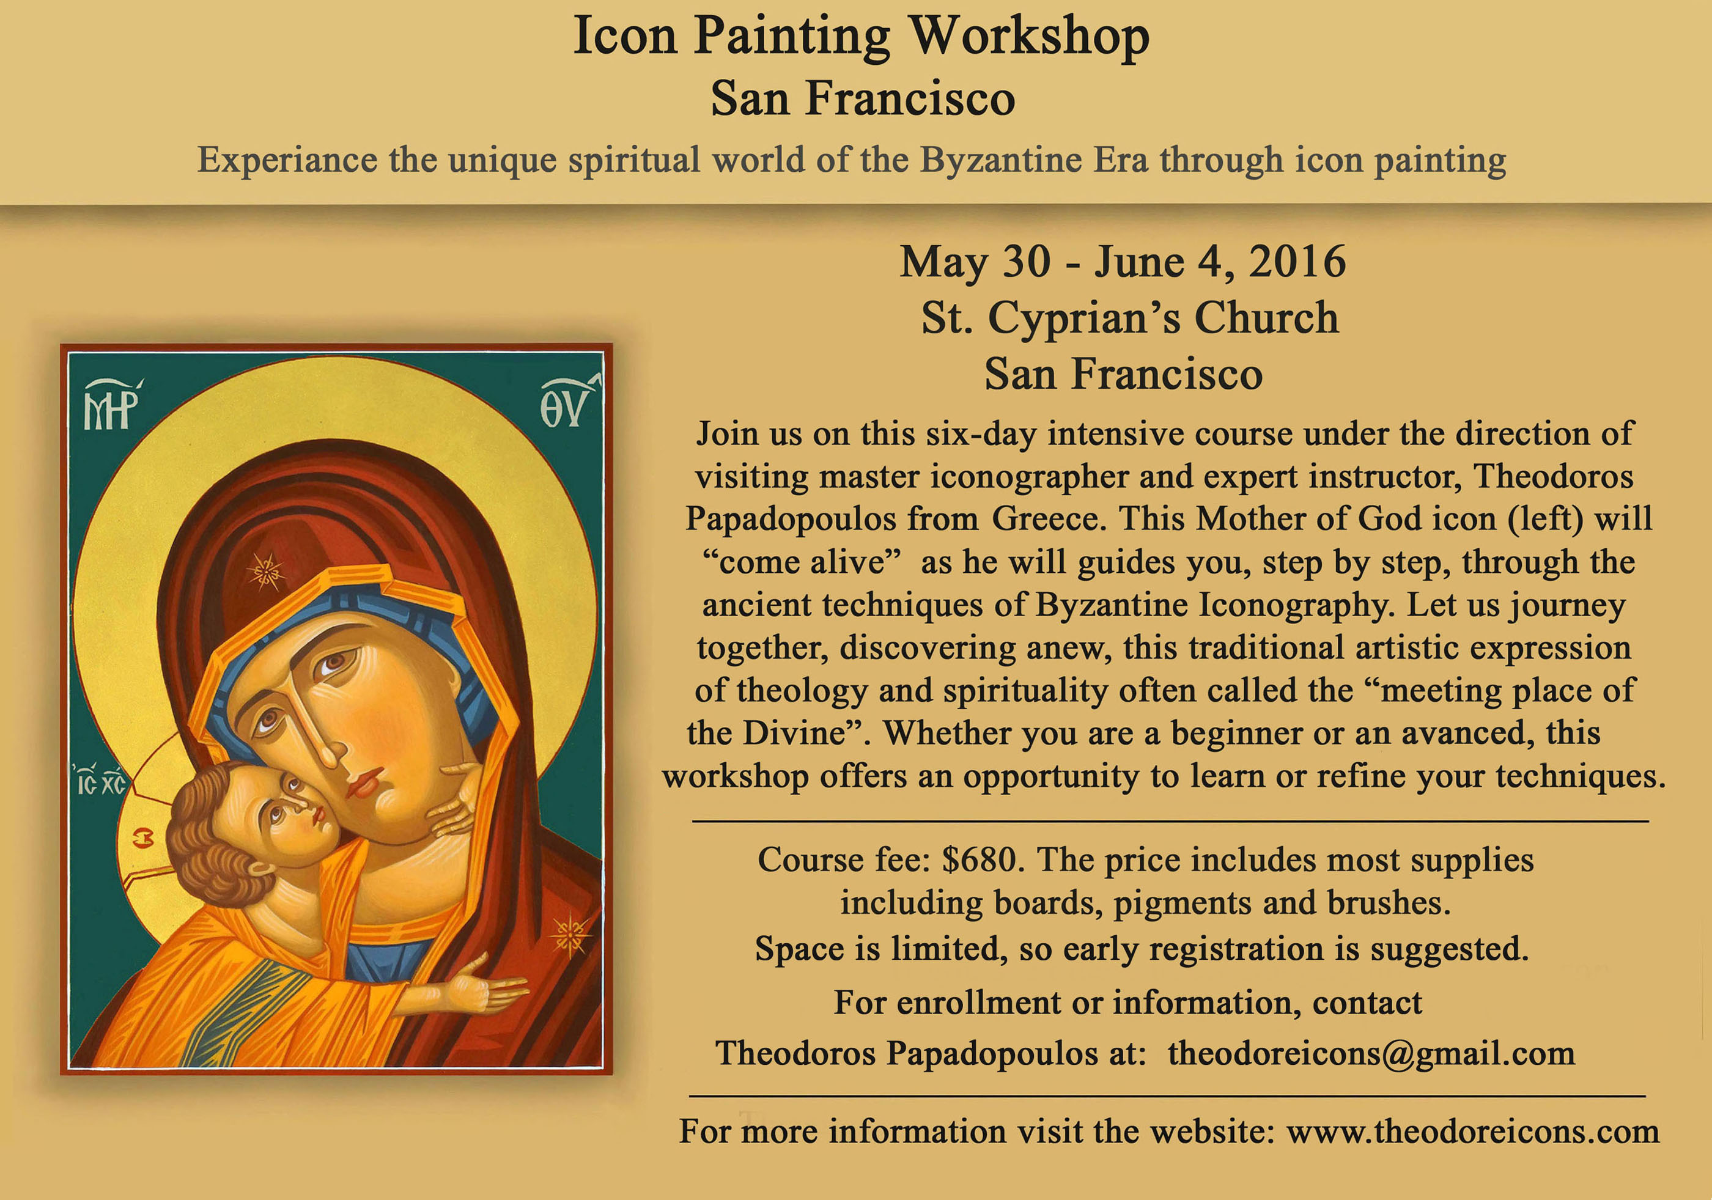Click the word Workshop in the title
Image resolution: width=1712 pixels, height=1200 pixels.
pos(1029,37)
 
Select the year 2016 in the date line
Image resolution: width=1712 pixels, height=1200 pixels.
pos(1297,262)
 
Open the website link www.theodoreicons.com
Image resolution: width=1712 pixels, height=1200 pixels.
pos(1473,1132)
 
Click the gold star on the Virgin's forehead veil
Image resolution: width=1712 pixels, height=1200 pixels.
pos(265,572)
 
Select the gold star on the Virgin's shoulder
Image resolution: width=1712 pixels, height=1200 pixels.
pos(570,935)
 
